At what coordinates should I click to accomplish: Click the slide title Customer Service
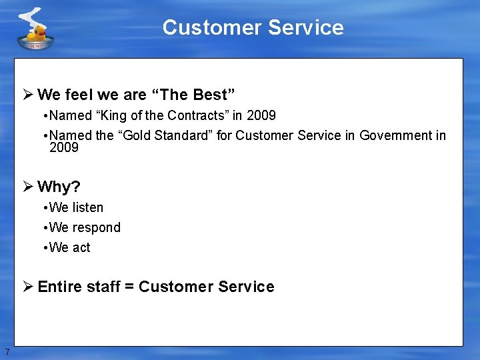click(x=253, y=27)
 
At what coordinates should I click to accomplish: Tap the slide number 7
click(x=7, y=352)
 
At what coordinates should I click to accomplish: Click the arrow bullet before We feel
click(x=28, y=94)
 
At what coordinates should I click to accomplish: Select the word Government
click(x=397, y=135)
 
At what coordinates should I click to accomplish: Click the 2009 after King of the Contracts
click(x=261, y=115)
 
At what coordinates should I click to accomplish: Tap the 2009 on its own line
click(x=64, y=147)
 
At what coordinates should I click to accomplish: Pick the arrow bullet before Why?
click(x=28, y=186)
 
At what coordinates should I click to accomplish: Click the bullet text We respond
click(x=85, y=227)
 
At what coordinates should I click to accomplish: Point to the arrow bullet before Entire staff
click(x=28, y=287)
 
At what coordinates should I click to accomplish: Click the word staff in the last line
click(x=102, y=287)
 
